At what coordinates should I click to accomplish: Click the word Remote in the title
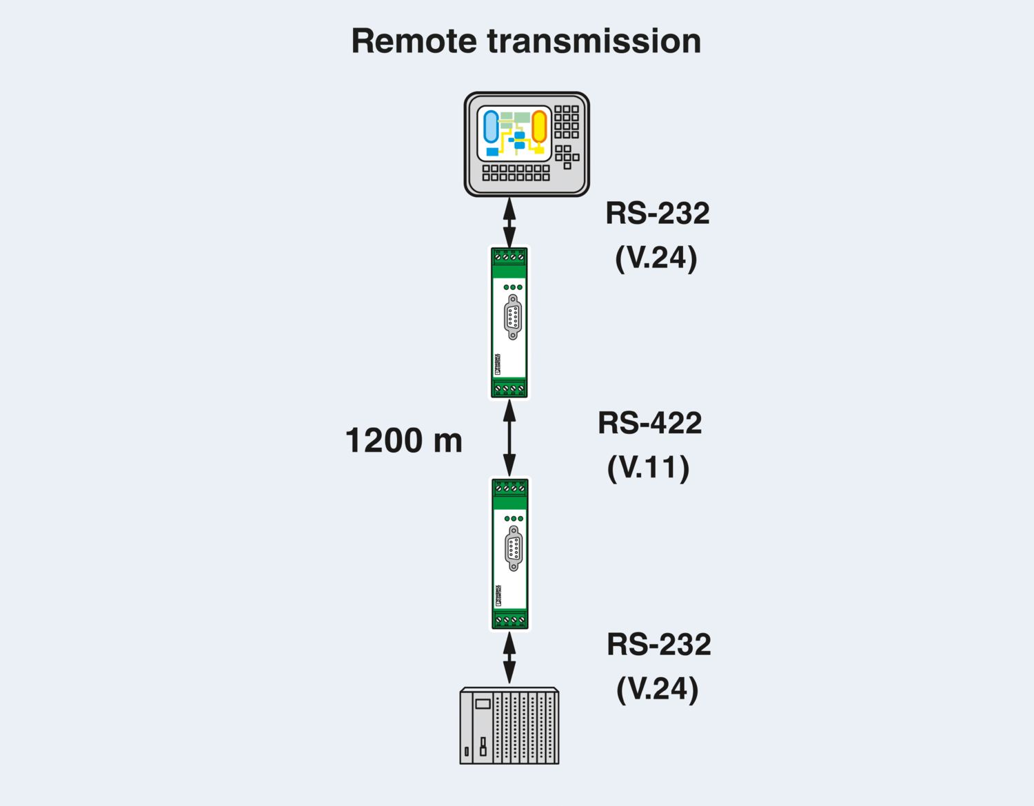pos(414,41)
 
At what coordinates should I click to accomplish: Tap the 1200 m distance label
pos(403,440)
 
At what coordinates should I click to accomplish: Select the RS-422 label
pos(649,423)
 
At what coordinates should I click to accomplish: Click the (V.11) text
pos(648,468)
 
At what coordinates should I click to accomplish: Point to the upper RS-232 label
pos(657,214)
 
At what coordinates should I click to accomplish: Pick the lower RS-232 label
pos(658,645)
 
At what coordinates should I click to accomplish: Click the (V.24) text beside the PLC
pos(657,689)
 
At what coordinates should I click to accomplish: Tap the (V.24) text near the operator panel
pos(656,258)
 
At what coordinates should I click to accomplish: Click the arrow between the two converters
pos(509,438)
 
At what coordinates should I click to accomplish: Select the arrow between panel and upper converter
pos(509,222)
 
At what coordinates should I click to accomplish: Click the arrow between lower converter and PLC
pos(509,658)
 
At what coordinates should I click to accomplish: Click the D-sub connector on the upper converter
pos(513,317)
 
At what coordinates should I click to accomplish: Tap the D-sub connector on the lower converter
pos(514,548)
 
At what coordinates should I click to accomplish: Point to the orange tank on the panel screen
pos(538,127)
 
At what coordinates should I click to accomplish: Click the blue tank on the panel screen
pos(491,127)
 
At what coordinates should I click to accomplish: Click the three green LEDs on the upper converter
pos(513,287)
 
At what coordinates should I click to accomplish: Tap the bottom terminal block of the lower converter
pos(509,620)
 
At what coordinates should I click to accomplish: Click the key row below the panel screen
pos(516,173)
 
